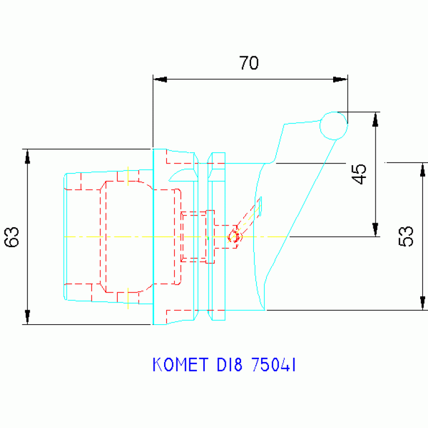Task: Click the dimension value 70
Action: click(249, 63)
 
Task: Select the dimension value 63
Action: click(12, 237)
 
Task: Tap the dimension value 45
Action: click(360, 174)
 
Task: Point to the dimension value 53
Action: click(407, 236)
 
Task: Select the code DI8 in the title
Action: click(230, 365)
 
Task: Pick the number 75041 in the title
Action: click(273, 365)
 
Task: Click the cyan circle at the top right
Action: click(334, 125)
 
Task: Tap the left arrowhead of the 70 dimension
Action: click(160, 79)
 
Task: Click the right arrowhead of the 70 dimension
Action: click(340, 79)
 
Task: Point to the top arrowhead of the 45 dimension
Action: click(376, 119)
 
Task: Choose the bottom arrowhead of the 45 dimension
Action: click(376, 229)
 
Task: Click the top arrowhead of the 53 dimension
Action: click(422, 170)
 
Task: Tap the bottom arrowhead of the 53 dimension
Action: click(422, 302)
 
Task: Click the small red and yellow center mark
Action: click(235, 236)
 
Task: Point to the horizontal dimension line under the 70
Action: click(250, 79)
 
